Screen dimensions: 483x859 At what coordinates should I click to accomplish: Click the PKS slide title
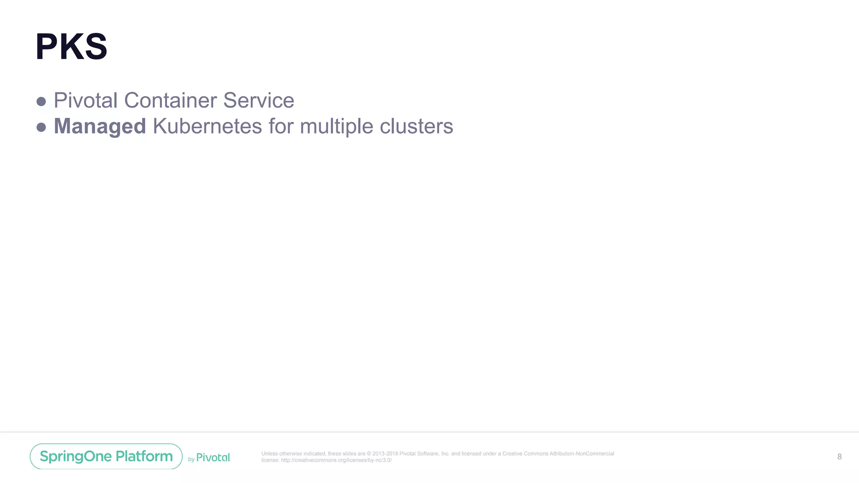click(x=71, y=47)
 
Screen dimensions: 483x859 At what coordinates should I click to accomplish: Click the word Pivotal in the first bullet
click(x=86, y=101)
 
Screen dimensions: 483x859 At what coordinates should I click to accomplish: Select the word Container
click(x=170, y=101)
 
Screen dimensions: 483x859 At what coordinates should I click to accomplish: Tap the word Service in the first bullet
click(x=258, y=101)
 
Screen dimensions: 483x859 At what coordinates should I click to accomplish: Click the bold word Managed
click(x=100, y=127)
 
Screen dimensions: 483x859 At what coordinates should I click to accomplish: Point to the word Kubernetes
click(x=207, y=126)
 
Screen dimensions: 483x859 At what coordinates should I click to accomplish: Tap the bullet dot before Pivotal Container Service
click(x=41, y=101)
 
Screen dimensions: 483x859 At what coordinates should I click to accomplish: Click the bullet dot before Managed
click(x=41, y=127)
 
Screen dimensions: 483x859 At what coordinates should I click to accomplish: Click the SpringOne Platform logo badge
click(x=106, y=456)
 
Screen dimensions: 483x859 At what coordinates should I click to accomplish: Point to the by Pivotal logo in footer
click(x=209, y=458)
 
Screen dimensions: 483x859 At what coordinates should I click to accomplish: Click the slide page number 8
click(x=839, y=457)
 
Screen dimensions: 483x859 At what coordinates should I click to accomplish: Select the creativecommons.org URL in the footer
click(x=336, y=460)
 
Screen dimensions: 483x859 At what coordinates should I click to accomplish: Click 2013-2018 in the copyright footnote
click(x=385, y=454)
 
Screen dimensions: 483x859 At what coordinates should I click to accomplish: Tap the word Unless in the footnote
click(x=269, y=454)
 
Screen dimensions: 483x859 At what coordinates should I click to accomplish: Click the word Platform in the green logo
click(x=144, y=456)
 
